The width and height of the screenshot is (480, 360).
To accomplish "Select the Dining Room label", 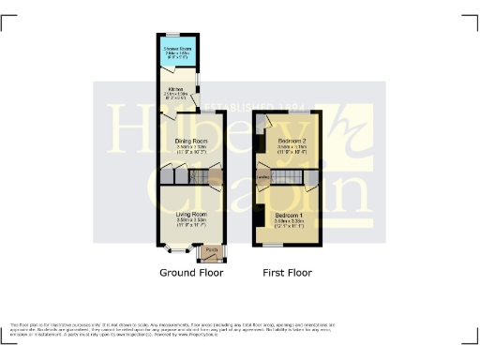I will tap(190, 142).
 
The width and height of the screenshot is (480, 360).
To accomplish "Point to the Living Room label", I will tap(190, 214).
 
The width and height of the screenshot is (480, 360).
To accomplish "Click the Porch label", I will tap(211, 250).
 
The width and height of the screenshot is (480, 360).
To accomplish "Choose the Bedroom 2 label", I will tap(291, 141).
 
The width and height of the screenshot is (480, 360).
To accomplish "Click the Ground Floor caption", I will tap(190, 273).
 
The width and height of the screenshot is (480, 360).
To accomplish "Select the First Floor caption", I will tap(288, 273).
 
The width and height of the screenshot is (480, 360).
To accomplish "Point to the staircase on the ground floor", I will tap(198, 177).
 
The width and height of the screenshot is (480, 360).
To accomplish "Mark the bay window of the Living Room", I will tap(176, 250).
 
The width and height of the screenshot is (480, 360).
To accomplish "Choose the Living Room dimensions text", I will tap(190, 222).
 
